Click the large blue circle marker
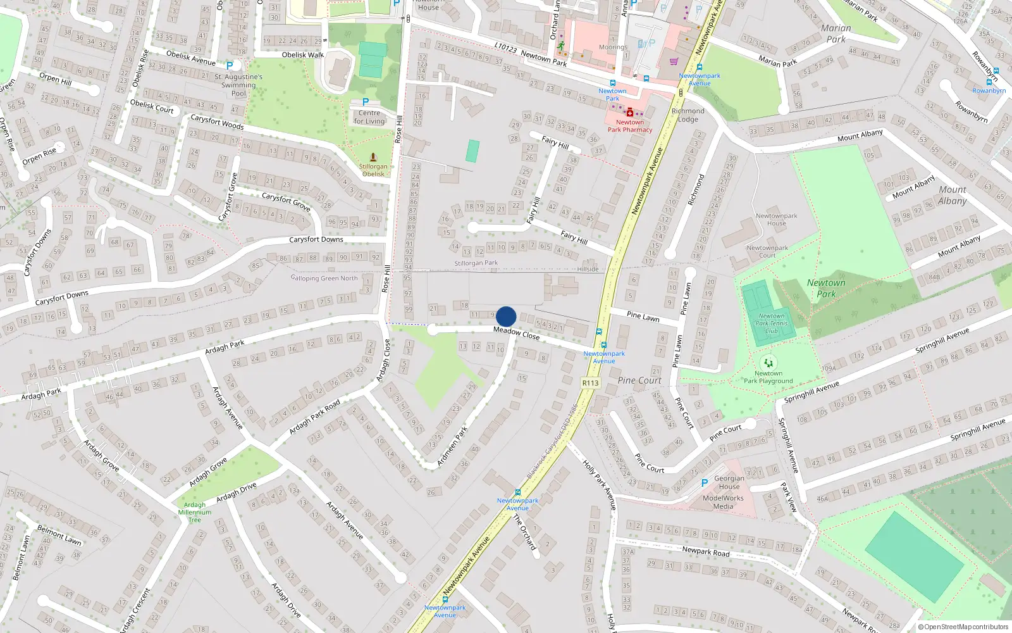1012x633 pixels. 506,316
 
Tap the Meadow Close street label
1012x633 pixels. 516,333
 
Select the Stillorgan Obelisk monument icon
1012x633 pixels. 373,156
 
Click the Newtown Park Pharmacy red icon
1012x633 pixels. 630,112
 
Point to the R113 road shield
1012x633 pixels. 590,383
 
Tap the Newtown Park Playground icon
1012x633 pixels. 768,363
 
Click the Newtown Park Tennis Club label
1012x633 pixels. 772,323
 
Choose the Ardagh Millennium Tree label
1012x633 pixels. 195,512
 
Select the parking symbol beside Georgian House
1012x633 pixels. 705,483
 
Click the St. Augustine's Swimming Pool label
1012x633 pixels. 238,85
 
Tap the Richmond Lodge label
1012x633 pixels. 688,115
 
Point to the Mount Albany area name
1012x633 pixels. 953,195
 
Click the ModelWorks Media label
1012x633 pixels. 723,502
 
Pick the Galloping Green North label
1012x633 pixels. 324,278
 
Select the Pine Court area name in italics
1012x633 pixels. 639,380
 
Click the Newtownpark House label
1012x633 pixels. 777,220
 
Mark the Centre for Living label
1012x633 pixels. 369,117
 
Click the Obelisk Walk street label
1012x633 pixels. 302,55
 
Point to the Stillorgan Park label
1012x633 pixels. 476,263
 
